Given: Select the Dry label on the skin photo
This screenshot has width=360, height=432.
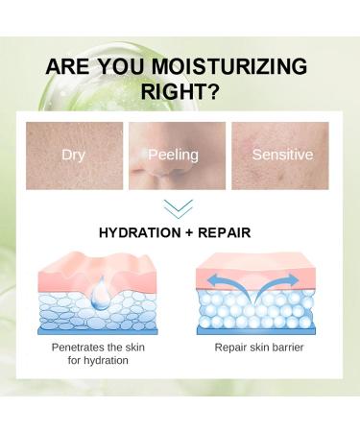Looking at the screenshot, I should (x=74, y=154).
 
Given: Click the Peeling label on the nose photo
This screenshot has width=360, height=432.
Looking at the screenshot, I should (x=173, y=154).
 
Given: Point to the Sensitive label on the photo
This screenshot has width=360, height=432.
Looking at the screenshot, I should (x=279, y=154).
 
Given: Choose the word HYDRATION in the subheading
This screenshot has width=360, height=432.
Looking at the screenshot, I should (x=139, y=233).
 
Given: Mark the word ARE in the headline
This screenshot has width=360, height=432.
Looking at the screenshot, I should (x=71, y=67).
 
